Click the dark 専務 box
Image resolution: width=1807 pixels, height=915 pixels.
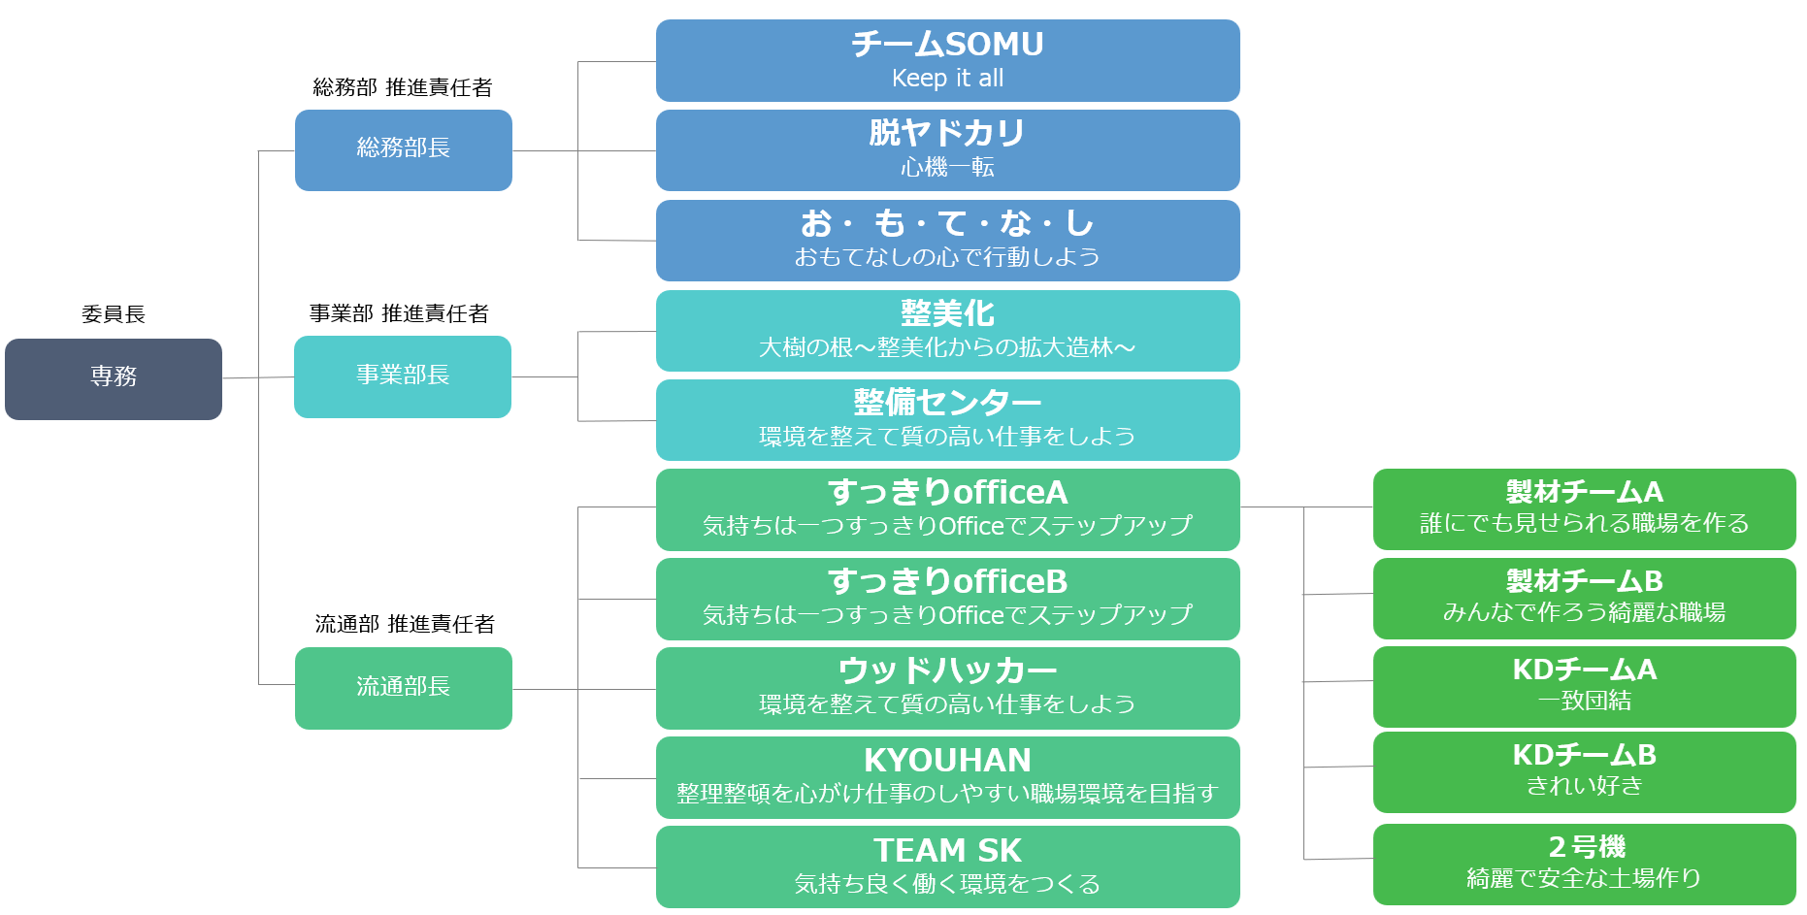(114, 379)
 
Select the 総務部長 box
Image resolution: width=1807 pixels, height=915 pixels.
(404, 150)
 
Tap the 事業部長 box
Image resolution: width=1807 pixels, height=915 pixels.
(403, 376)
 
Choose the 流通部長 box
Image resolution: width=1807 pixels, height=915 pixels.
(404, 688)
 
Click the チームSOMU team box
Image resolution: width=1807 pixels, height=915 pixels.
(948, 60)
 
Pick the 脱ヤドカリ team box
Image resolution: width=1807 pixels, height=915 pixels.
(948, 150)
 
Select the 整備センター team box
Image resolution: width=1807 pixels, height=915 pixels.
(948, 420)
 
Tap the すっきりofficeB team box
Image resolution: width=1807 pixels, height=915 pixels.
(948, 599)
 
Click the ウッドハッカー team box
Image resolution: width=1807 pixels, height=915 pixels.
(948, 688)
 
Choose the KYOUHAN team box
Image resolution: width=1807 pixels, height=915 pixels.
(948, 777)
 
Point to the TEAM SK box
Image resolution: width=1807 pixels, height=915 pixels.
(948, 866)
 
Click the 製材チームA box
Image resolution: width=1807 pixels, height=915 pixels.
(1585, 509)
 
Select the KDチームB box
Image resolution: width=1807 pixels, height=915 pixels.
(1585, 772)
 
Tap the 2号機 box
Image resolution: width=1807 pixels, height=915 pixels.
(1585, 865)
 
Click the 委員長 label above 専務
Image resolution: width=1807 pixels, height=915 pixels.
(114, 314)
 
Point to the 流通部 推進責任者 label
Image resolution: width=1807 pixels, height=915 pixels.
(405, 624)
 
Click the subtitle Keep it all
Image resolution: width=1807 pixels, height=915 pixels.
(948, 79)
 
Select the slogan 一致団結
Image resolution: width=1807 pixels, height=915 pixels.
(1585, 701)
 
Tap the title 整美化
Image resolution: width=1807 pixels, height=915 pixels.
(948, 313)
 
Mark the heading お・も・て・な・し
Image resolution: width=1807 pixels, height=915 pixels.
(948, 223)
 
